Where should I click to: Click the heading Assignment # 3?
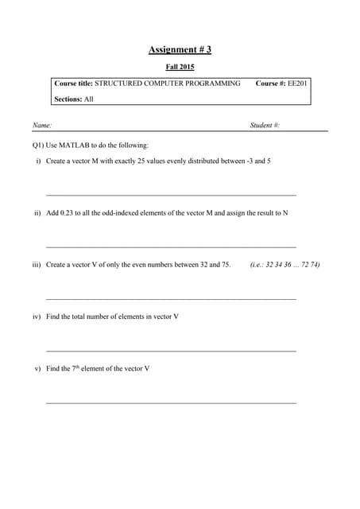click(x=180, y=50)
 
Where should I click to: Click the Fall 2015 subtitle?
click(x=180, y=67)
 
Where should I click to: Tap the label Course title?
click(x=73, y=83)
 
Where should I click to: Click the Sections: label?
click(x=68, y=99)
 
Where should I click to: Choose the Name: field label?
click(x=42, y=126)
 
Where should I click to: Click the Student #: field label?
click(x=265, y=126)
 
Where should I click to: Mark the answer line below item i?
click(x=171, y=195)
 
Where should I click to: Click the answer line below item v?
click(x=171, y=402)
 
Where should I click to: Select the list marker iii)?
click(x=36, y=264)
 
